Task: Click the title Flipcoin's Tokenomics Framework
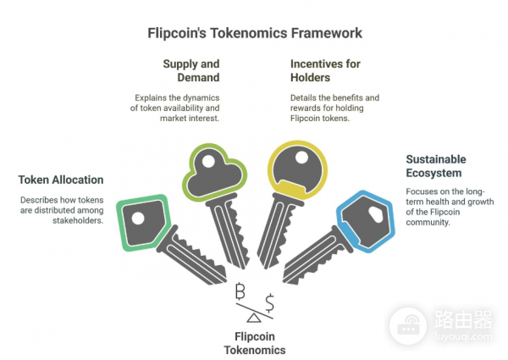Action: pyautogui.click(x=254, y=33)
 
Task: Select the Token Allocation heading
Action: pyautogui.click(x=61, y=180)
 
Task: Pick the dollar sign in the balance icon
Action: pyautogui.click(x=269, y=302)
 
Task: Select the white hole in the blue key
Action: pyautogui.click(x=370, y=213)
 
